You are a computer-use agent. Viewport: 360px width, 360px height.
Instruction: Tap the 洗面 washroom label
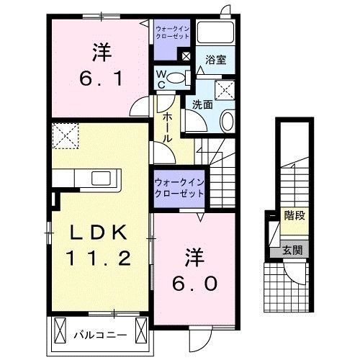click(x=201, y=104)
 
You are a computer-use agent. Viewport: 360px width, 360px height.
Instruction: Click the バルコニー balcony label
click(x=100, y=335)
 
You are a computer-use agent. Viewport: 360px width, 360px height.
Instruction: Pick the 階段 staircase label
click(x=293, y=214)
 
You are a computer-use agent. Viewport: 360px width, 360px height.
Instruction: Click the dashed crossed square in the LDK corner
click(x=66, y=135)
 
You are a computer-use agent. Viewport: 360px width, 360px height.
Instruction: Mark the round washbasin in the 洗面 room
click(x=227, y=121)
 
